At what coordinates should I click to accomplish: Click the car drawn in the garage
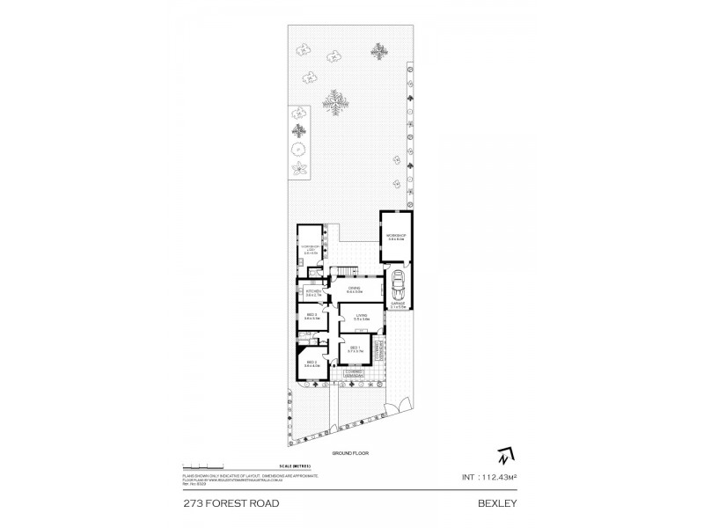pyautogui.click(x=397, y=283)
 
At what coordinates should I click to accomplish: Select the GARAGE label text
pyautogui.click(x=398, y=304)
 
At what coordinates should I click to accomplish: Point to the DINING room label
pyautogui.click(x=354, y=290)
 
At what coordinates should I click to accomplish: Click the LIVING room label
pyautogui.click(x=361, y=317)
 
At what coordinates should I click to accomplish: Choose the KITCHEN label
pyautogui.click(x=311, y=293)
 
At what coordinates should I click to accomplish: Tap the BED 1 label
pyautogui.click(x=355, y=349)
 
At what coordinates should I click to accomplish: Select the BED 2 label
pyautogui.click(x=311, y=363)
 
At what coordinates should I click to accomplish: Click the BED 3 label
pyautogui.click(x=311, y=317)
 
